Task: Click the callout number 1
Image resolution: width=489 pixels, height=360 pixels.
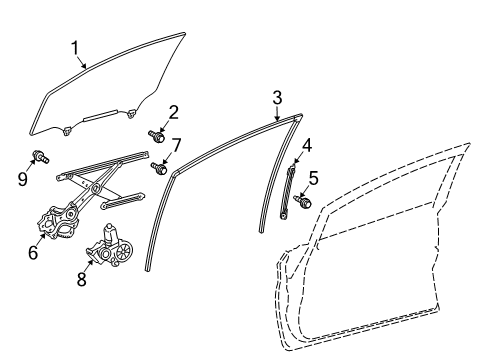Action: (75, 48)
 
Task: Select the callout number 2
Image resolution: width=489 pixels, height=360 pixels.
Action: (173, 112)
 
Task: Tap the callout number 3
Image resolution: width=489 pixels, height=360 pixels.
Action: (277, 98)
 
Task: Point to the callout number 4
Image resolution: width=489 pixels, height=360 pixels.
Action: (307, 146)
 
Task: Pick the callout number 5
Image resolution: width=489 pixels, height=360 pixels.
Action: (314, 178)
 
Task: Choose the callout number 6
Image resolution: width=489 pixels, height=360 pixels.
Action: (33, 252)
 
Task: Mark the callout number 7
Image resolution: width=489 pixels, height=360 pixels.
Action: (176, 145)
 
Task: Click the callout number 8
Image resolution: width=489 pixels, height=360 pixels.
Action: (82, 279)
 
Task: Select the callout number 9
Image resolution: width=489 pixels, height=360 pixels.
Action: (23, 179)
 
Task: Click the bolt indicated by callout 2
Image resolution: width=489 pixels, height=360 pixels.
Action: (156, 136)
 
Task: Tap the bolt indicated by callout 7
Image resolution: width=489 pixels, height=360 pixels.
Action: (159, 168)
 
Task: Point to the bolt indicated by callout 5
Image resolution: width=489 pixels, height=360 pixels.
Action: (303, 201)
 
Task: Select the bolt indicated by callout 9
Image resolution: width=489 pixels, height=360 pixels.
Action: (41, 157)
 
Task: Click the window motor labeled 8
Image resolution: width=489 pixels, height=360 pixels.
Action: (110, 246)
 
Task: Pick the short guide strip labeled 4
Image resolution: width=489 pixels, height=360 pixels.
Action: (287, 193)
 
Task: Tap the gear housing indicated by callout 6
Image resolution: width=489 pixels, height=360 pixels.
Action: (58, 222)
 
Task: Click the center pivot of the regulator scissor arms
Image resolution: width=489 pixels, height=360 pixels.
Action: (96, 188)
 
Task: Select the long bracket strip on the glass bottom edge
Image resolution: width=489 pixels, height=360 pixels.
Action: (100, 115)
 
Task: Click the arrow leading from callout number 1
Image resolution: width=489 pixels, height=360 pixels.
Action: (81, 62)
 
